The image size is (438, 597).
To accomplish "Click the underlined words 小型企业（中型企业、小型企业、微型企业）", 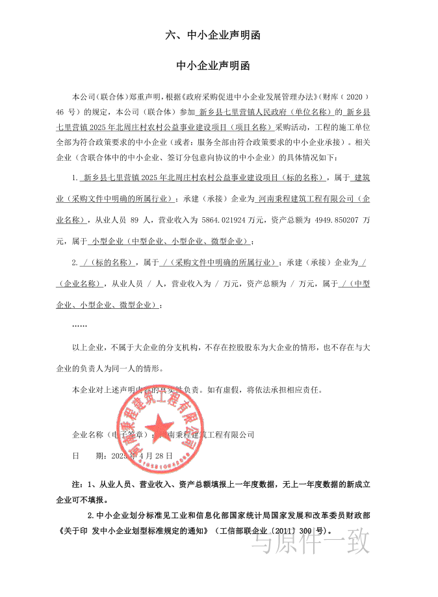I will pos(170,241).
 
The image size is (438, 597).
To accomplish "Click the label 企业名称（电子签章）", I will pos(111,434).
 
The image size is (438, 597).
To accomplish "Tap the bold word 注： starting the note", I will pos(78,485).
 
